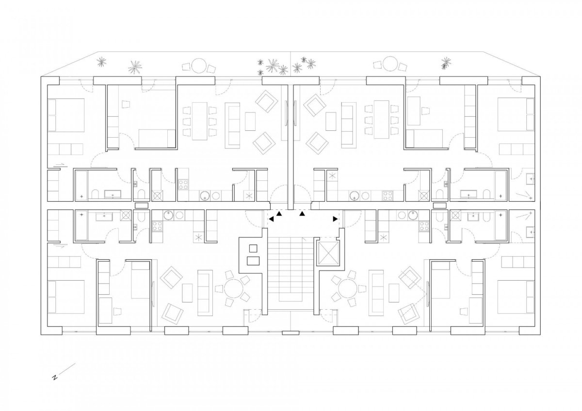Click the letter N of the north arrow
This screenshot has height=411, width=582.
tap(55, 378)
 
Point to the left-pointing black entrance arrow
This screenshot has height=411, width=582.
tap(271, 219)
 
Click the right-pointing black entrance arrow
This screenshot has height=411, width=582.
tap(335, 219)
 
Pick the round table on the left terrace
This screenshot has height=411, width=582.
tap(199, 65)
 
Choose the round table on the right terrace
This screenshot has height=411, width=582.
tap(390, 63)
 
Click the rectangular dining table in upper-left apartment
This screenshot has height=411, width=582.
tap(199, 121)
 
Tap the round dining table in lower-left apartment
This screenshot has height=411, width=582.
tap(233, 288)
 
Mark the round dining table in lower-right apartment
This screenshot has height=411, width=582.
tap(348, 288)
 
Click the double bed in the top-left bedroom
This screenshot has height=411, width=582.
tap(66, 115)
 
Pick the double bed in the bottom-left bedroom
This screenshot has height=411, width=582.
tap(66, 297)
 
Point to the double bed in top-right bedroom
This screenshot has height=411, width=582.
tap(516, 114)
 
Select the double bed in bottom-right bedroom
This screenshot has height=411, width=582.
tap(516, 296)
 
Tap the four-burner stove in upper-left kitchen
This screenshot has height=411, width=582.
tap(183, 184)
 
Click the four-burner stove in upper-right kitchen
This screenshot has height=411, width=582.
tap(388, 195)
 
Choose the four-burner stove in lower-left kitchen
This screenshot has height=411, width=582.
tap(158, 226)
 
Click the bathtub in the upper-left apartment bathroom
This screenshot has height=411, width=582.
tap(81, 186)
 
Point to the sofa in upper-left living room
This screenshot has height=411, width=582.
tap(232, 126)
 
